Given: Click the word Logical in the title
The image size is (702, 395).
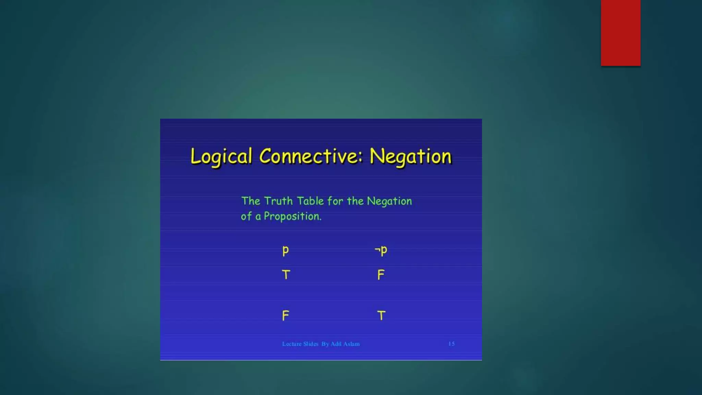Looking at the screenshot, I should coord(221,157).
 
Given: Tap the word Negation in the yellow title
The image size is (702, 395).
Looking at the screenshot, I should coord(411,157).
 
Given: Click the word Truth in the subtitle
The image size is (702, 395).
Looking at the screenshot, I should coord(278,201).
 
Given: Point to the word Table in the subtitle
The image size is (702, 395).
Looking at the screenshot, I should coord(310,201).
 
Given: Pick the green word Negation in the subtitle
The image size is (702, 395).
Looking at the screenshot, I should coord(389,201).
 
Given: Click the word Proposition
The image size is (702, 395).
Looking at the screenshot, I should coord(292,216).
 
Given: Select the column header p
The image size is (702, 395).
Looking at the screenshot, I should coord(286,251).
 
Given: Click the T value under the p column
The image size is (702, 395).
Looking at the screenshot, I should coord(286,275).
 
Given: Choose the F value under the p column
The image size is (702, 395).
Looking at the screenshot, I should coord(286,315).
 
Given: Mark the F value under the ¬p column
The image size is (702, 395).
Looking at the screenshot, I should coord(381,275).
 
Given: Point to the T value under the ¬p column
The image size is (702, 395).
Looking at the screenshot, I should coord(381,315).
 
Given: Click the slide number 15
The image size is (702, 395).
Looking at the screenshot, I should coord(451,344).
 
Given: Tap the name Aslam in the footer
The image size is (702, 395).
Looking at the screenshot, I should coord(352,344).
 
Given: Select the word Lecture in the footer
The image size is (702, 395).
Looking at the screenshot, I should coord(292,344).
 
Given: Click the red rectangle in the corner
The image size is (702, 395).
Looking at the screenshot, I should coord(620,33).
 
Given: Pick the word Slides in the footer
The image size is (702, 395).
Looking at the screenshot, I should coord(311,344).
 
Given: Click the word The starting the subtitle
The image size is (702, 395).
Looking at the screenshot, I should coord(251,201).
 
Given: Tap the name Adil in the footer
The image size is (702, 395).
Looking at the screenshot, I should coord(336,344).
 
